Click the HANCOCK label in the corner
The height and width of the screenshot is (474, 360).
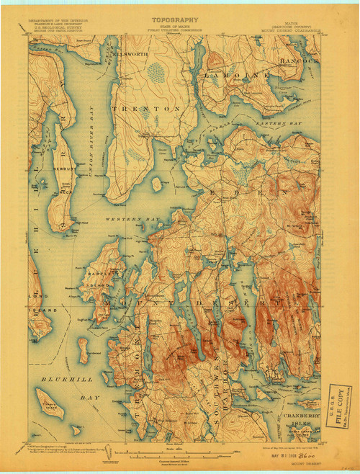[298, 61]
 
